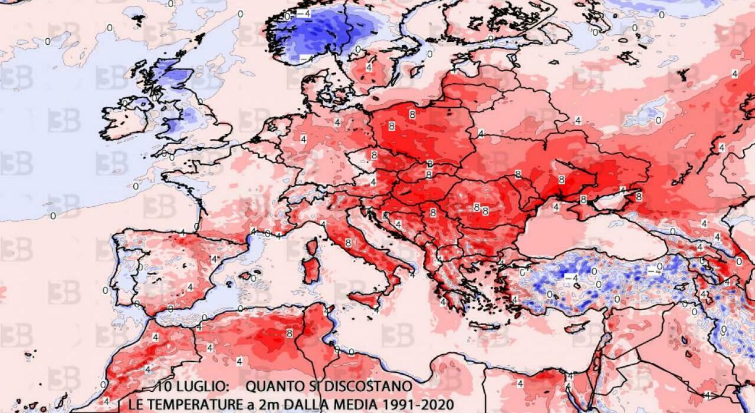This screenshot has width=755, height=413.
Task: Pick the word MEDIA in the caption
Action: click(x=349, y=405)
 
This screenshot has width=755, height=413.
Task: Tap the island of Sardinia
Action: click(x=311, y=269)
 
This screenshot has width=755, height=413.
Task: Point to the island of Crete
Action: click(x=484, y=325)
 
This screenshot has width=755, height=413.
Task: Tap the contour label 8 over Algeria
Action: click(x=289, y=333)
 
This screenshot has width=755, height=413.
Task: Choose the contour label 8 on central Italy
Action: click(x=348, y=242)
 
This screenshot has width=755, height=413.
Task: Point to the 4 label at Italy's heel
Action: click(x=412, y=275)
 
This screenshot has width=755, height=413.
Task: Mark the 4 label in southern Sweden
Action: click(x=369, y=67)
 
